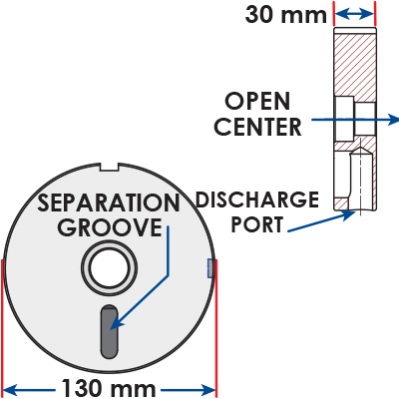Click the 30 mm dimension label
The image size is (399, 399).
click(x=286, y=15)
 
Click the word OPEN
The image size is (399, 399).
click(x=257, y=101)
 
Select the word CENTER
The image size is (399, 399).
click(x=257, y=127)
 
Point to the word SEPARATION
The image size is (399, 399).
click(x=109, y=202)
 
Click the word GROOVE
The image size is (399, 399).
click(x=110, y=227)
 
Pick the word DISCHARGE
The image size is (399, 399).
click(x=257, y=199)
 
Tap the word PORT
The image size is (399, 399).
click(x=257, y=224)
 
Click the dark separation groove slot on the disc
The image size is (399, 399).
click(x=110, y=331)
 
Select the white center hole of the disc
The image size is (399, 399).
click(x=110, y=268)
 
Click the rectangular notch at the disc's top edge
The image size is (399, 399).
click(x=110, y=167)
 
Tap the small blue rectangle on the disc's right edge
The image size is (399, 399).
click(x=210, y=268)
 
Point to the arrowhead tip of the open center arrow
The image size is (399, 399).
click(x=398, y=120)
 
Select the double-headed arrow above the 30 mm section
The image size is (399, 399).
click(x=354, y=14)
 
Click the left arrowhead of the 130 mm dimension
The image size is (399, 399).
click(x=9, y=389)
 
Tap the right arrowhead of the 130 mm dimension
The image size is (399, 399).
click(x=209, y=389)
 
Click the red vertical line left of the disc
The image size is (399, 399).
click(x=2, y=327)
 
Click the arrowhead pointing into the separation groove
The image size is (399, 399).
click(x=115, y=323)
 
